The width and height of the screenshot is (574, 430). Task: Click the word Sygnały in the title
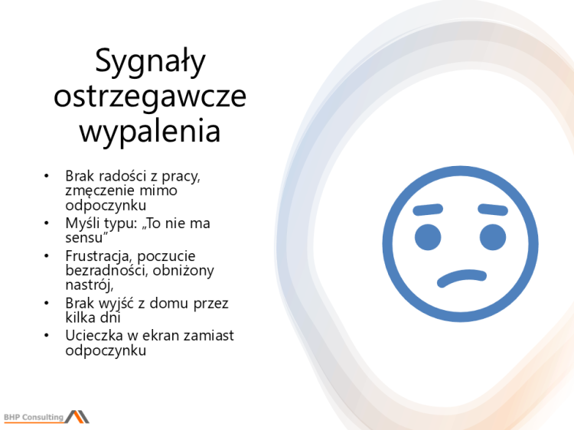(150, 61)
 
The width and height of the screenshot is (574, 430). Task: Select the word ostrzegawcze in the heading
(151, 96)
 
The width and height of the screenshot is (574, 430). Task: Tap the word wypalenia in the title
(150, 131)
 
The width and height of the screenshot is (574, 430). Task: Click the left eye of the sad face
(427, 237)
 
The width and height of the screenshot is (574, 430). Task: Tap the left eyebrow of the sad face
(427, 209)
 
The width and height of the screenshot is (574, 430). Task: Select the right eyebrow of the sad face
(493, 209)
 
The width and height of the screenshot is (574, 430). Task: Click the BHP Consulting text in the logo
(34, 417)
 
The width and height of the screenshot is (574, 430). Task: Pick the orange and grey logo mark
(77, 416)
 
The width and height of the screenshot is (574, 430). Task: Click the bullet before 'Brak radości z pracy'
(47, 177)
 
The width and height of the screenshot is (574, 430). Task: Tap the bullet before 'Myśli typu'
(47, 224)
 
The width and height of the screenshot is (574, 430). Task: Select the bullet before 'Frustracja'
(47, 256)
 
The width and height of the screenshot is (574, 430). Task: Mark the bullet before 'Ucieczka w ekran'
(47, 336)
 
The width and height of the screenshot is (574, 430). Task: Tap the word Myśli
(82, 224)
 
